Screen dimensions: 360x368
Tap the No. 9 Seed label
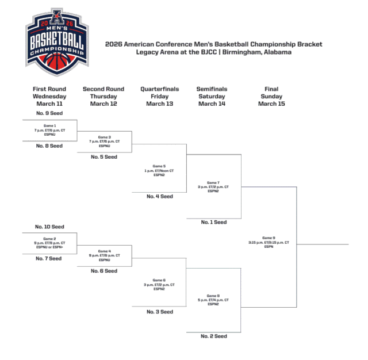point(49,114)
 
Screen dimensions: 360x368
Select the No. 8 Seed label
point(49,146)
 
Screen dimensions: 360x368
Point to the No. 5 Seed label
point(103,156)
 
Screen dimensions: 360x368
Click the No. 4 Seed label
point(159,197)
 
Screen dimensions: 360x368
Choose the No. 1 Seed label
point(213,222)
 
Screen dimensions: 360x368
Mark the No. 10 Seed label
point(49,227)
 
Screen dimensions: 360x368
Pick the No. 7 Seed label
point(48,259)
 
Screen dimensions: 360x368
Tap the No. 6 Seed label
point(103,271)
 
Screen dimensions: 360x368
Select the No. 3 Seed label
point(159,312)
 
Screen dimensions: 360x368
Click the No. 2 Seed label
point(213,336)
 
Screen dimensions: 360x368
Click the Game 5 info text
point(159,170)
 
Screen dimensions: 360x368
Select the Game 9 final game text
point(269,243)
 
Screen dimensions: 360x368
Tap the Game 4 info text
point(104,255)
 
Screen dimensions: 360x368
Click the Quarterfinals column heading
point(159,89)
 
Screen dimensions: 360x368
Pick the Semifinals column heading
point(212,89)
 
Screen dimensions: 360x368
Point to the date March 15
point(271,104)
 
